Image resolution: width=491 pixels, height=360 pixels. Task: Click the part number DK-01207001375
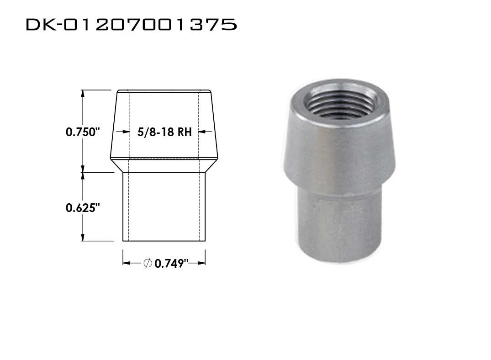coord(131,24)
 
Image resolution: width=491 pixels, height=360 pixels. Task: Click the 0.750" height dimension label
coord(83,132)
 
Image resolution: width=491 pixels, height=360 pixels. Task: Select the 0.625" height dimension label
coord(83,208)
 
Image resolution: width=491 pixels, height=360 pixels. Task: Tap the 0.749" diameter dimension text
coord(171,263)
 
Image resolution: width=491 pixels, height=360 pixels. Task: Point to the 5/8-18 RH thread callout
coord(164,132)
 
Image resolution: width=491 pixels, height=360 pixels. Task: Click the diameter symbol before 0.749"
coord(148,263)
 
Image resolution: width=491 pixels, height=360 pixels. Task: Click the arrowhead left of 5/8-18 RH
coord(126,132)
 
